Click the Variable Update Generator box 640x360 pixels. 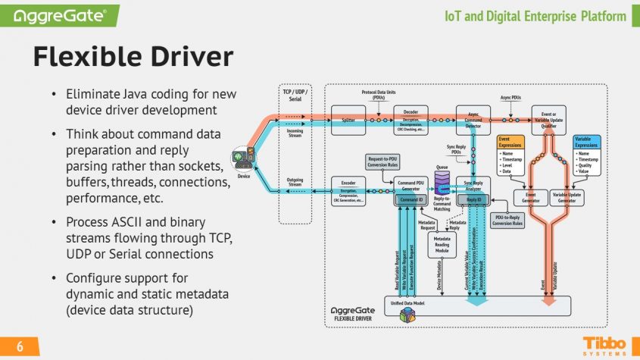[x=567, y=196]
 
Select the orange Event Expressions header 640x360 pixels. [x=510, y=142]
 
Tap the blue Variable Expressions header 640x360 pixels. [x=587, y=142]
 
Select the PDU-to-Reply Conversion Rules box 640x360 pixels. [x=507, y=220]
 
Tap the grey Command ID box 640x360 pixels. [x=411, y=199]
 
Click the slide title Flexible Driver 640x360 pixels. [x=133, y=58]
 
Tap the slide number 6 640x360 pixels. [x=20, y=346]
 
